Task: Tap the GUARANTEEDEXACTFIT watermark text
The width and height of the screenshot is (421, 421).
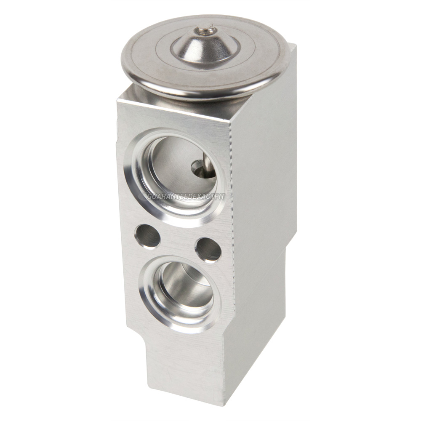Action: click(185, 196)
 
